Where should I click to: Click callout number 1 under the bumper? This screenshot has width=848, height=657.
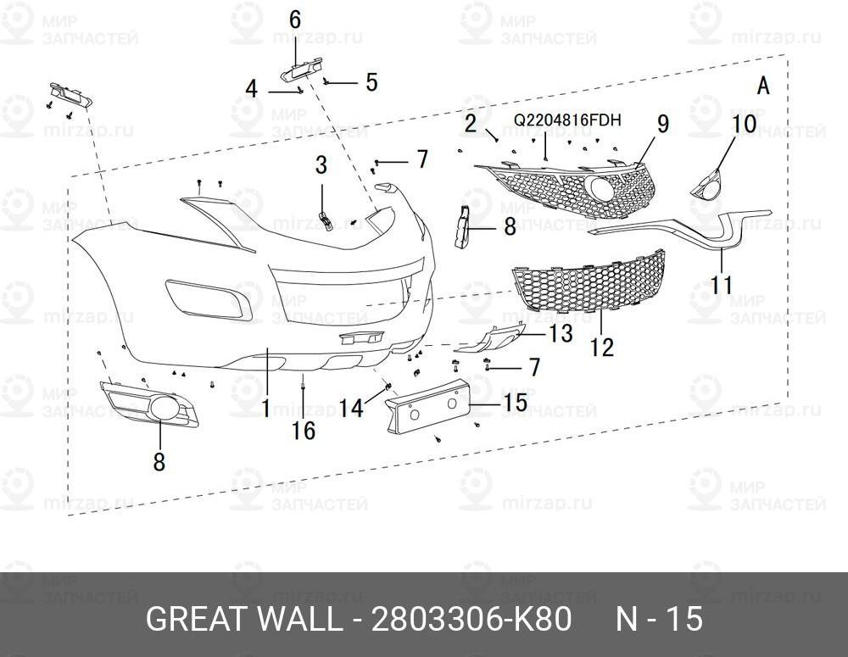point(265,409)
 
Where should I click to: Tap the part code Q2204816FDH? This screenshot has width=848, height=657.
point(568,120)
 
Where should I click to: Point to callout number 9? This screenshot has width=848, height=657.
point(662,124)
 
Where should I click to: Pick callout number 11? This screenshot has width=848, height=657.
point(722,284)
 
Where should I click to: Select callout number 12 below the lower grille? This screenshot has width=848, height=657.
point(602,347)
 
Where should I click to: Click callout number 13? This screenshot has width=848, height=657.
point(561,334)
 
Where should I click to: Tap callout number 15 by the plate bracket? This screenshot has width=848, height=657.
point(514,403)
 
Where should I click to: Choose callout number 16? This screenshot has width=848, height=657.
point(303,431)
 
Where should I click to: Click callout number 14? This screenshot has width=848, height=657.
point(351,409)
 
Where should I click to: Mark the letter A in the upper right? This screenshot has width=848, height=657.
point(762,86)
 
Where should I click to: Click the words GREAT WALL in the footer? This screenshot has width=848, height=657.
point(243,620)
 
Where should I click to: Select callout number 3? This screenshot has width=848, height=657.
point(321,164)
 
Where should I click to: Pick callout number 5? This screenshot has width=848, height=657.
point(371,82)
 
